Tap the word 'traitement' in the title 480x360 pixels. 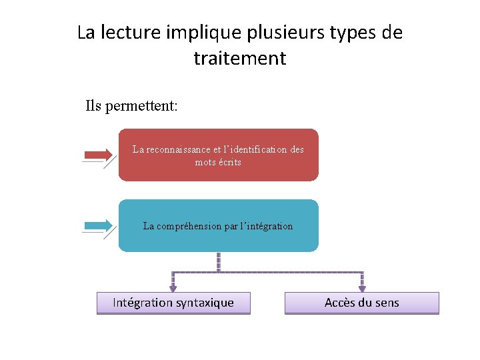[x=240, y=59]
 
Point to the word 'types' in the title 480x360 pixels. [x=345, y=33]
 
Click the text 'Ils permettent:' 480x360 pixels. [x=131, y=105]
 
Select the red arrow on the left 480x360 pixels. [x=98, y=155]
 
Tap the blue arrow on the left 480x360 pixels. [x=98, y=226]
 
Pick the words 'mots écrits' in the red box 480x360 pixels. [x=218, y=162]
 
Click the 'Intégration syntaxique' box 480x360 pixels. [x=173, y=303]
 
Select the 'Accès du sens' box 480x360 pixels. [x=362, y=303]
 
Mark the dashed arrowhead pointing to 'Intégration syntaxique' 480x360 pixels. [x=173, y=288]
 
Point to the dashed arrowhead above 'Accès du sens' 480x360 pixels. [x=363, y=288]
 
